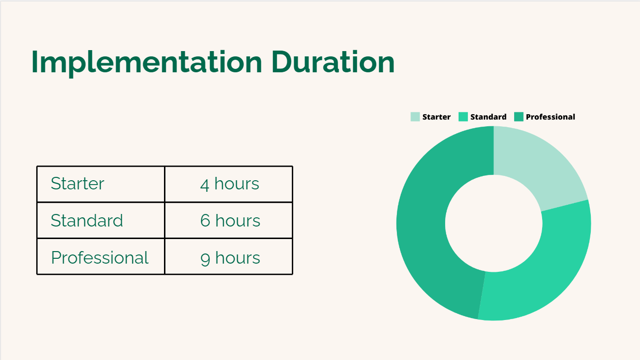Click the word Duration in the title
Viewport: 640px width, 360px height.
tap(333, 62)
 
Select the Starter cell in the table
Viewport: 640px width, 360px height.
tap(101, 184)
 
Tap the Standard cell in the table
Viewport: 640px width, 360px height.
tap(101, 220)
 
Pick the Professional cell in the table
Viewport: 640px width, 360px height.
tap(101, 256)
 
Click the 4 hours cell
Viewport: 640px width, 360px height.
tap(229, 184)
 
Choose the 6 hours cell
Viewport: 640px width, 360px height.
tap(229, 220)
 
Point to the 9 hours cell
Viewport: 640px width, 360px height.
tap(229, 256)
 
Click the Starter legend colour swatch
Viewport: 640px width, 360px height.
tap(415, 117)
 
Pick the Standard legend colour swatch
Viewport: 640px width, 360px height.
tap(463, 117)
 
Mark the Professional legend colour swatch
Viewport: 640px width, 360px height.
tap(518, 117)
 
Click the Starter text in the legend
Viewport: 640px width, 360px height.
tap(436, 117)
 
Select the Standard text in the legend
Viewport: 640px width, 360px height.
tap(488, 117)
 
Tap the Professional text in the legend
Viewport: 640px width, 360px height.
tap(550, 117)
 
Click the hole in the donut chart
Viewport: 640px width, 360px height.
tap(494, 224)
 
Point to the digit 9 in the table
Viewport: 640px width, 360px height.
tap(205, 259)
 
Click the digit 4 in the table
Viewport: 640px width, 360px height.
tap(204, 185)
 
